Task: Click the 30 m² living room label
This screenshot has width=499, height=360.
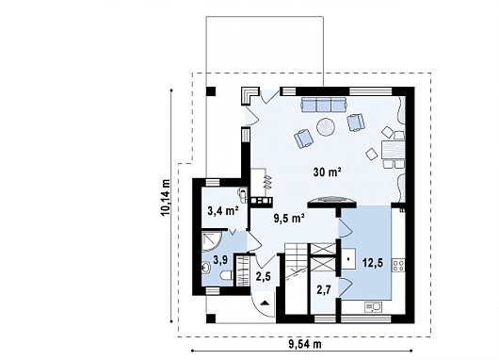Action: coord(328,172)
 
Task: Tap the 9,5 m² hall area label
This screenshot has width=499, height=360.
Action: coord(289,219)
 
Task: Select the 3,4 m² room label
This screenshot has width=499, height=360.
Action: coord(223,210)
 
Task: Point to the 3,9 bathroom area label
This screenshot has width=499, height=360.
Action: coord(220,260)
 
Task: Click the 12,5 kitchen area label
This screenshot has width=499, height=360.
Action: coord(373,263)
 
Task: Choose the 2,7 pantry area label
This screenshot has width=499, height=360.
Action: coord(324,289)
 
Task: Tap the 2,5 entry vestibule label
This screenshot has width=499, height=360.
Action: coord(264,276)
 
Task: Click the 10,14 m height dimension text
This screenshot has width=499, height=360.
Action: coord(166,198)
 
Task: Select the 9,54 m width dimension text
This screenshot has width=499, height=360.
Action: coord(305,344)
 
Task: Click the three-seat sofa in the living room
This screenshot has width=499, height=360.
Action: coord(324,105)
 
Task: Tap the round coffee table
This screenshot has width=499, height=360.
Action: coord(326,127)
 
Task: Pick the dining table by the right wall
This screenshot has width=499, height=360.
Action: coord(394,150)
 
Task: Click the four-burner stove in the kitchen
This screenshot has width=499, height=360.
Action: coord(399,266)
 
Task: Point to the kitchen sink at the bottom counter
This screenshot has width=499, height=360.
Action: coord(373,307)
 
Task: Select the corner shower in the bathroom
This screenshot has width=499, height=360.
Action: coord(212,241)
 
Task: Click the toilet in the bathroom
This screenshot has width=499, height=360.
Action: coord(227,275)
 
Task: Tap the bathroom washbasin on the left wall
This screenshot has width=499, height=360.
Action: coord(205,268)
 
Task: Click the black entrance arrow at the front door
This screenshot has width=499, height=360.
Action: coord(265,303)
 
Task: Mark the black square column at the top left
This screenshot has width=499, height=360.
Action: coord(211,91)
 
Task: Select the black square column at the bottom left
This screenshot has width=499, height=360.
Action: coord(211,319)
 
